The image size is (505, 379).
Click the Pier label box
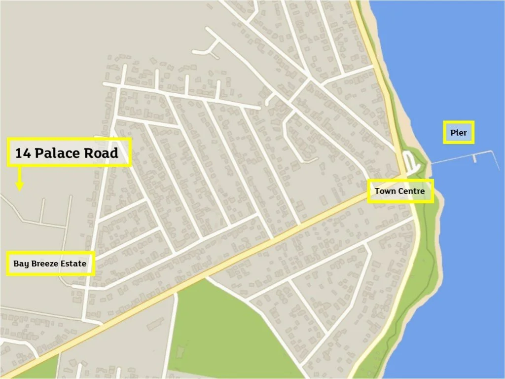(x=458, y=133)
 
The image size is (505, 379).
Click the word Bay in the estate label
(x=20, y=264)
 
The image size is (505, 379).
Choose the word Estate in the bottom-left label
(x=74, y=264)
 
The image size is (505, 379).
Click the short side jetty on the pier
(x=474, y=158)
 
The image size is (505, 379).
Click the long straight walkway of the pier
(x=459, y=156)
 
